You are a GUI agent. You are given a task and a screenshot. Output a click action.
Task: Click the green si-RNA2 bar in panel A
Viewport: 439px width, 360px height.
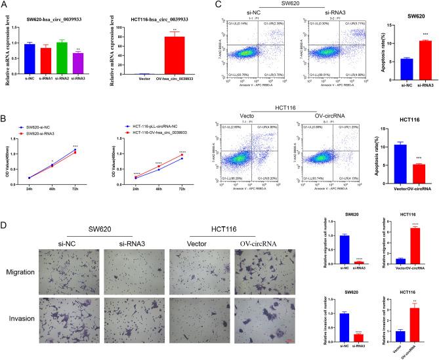pos(62,57)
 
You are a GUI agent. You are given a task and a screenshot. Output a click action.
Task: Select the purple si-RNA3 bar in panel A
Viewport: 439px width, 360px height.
pos(78,63)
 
